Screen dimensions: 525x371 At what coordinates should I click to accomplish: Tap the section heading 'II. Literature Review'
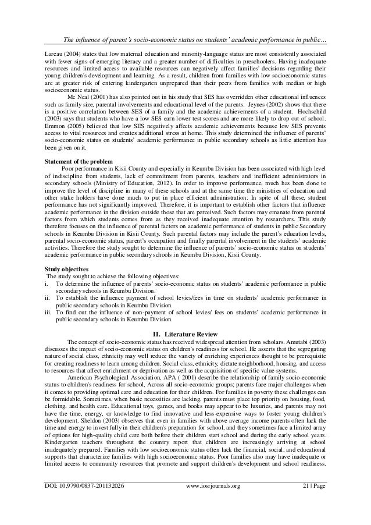point(185,334)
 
